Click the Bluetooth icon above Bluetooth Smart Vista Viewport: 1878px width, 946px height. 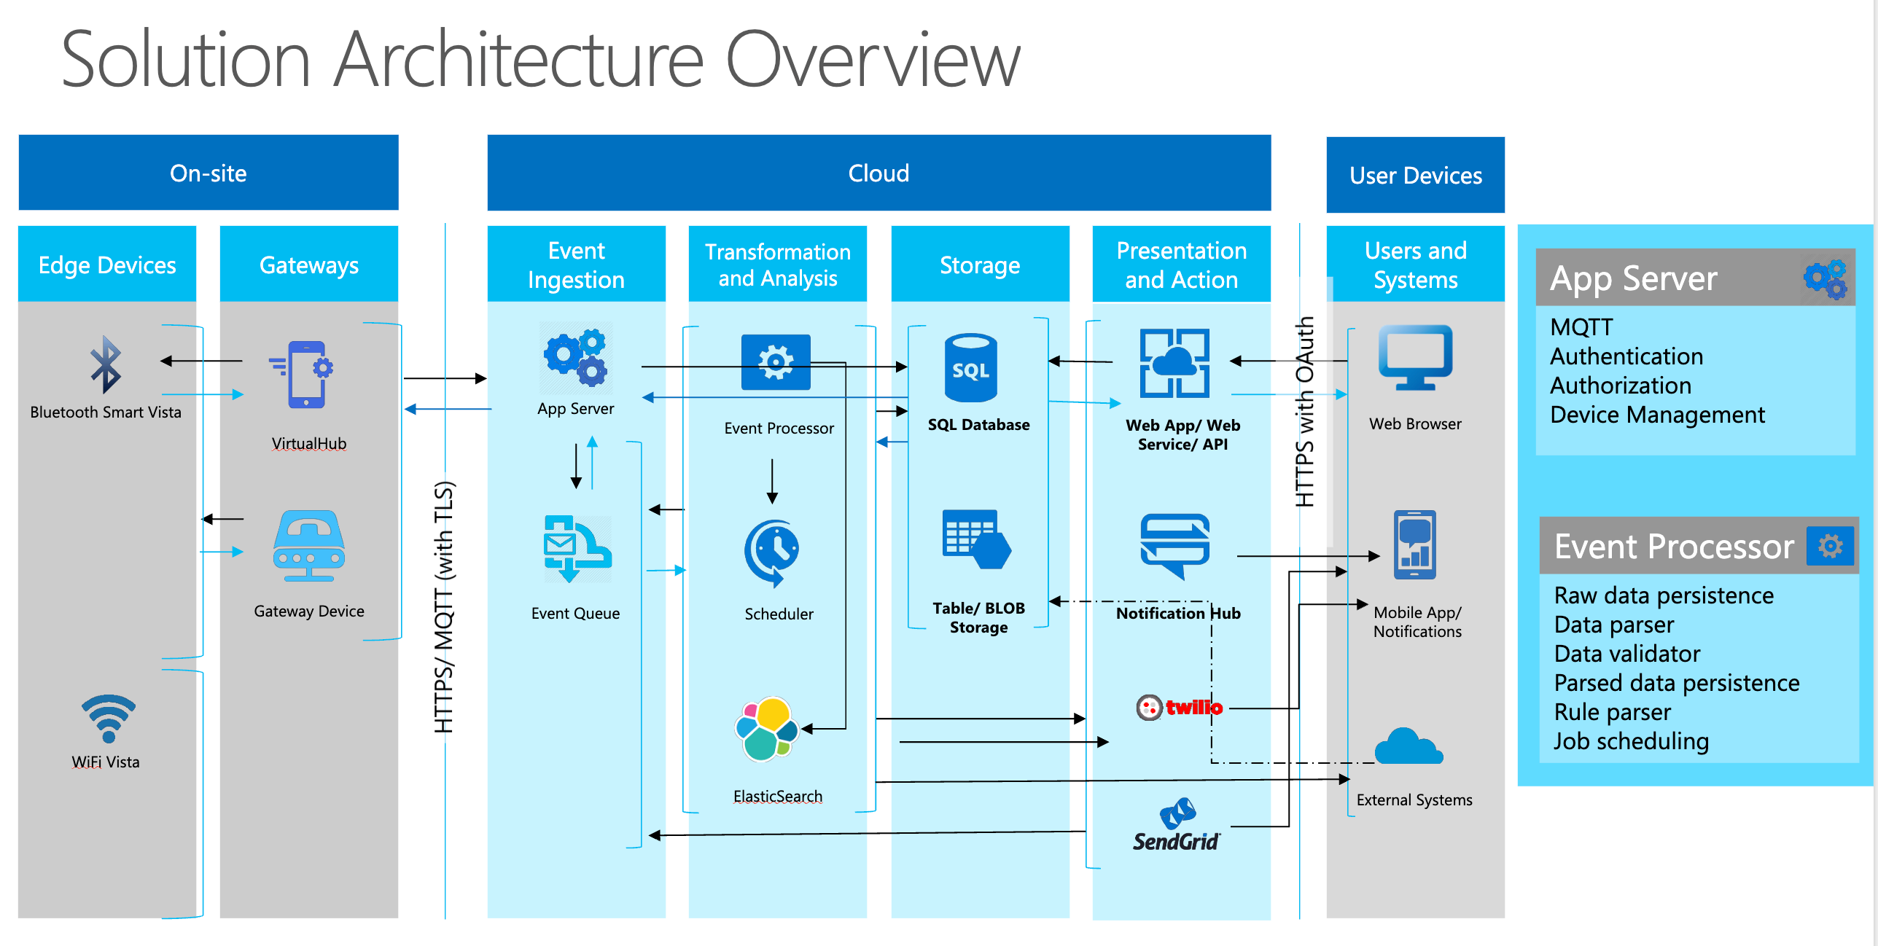click(106, 364)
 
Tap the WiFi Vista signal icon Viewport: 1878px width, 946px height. click(108, 718)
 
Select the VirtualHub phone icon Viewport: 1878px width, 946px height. click(306, 375)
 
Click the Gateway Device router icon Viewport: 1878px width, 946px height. click(309, 545)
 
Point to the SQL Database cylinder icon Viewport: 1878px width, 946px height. click(970, 368)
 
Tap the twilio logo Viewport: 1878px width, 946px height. click(1180, 707)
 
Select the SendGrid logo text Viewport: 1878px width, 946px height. click(1175, 842)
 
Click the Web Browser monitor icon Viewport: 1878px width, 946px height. click(1415, 358)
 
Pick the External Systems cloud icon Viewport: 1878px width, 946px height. click(1408, 747)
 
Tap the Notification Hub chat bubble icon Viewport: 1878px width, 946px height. click(1175, 545)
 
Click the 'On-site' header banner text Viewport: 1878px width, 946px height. click(209, 173)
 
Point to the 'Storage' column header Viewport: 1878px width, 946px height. click(979, 265)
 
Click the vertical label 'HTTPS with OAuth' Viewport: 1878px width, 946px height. click(1305, 412)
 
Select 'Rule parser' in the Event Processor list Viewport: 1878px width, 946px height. click(1612, 712)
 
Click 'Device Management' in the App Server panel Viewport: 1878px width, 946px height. click(1656, 415)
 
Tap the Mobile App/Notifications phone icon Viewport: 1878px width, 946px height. click(1414, 544)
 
